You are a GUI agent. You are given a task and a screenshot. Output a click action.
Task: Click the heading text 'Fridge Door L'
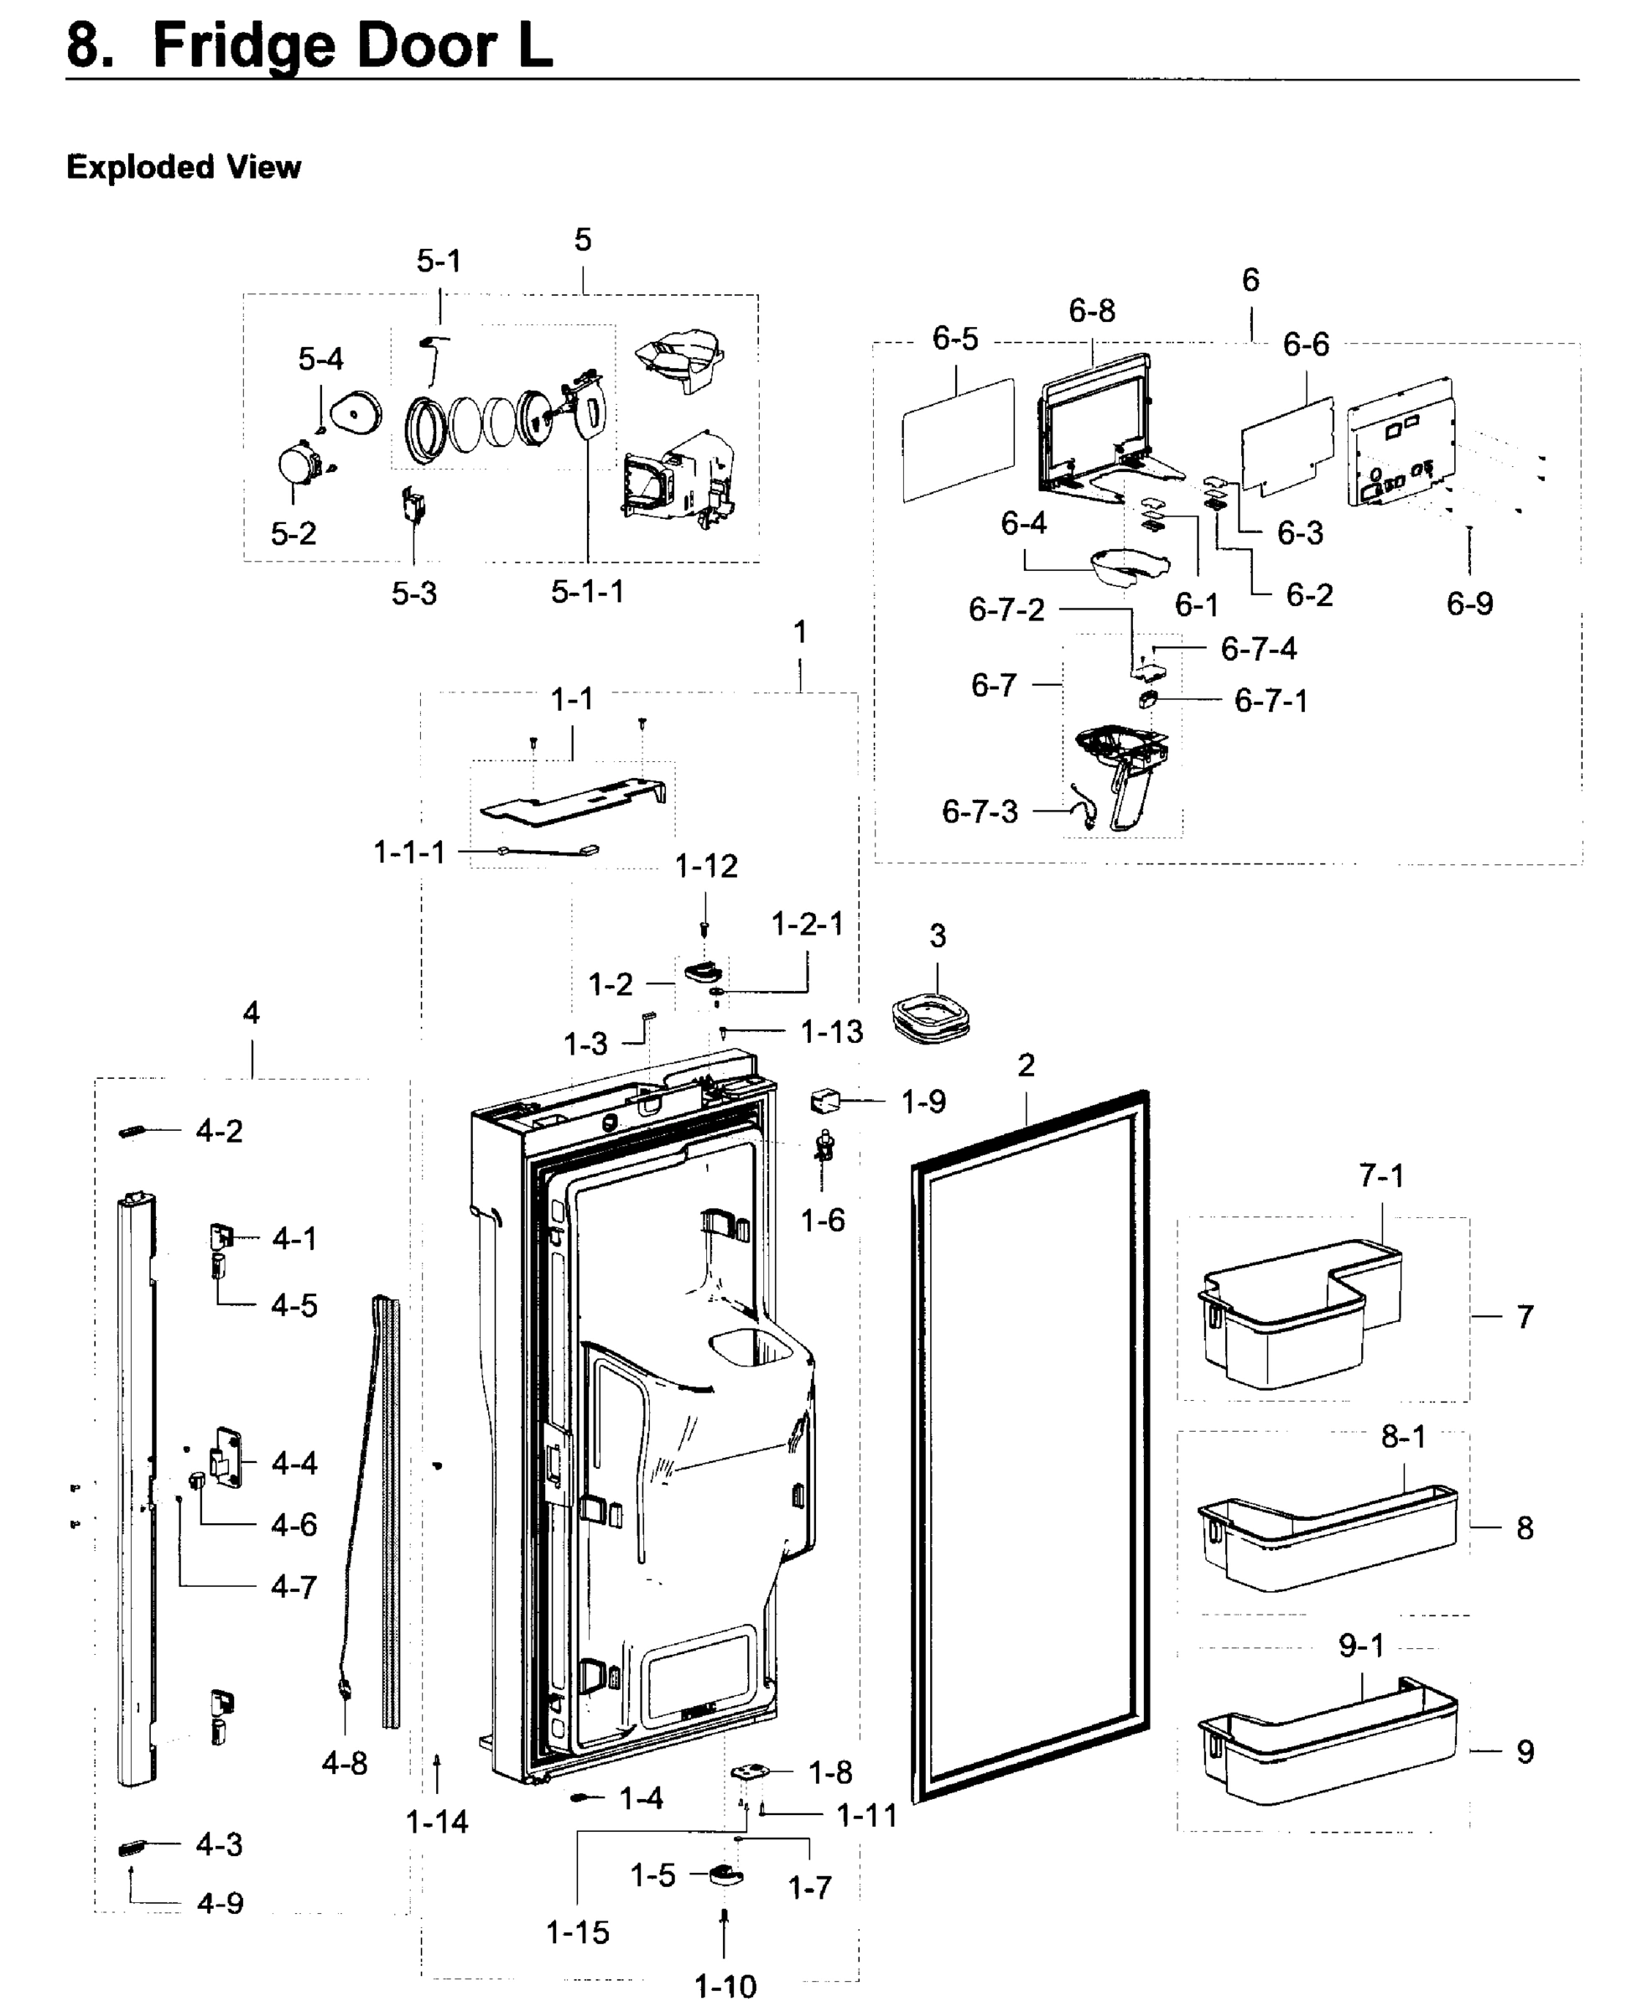pos(352,45)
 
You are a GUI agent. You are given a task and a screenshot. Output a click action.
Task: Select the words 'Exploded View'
pos(184,168)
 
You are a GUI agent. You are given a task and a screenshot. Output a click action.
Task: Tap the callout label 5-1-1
pos(588,591)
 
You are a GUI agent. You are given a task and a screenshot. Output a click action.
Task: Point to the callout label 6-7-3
pos(980,811)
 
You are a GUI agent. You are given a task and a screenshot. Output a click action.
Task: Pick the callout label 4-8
pos(344,1763)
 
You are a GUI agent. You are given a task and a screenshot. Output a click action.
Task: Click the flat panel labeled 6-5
pos(958,440)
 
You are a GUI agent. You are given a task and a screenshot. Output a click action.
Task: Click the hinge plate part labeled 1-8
pos(751,1771)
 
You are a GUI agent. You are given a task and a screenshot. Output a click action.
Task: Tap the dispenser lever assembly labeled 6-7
pos(1124,766)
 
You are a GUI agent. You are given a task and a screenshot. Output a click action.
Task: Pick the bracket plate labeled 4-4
pos(226,1458)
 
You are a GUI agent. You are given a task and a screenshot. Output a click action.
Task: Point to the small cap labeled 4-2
pos(134,1132)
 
